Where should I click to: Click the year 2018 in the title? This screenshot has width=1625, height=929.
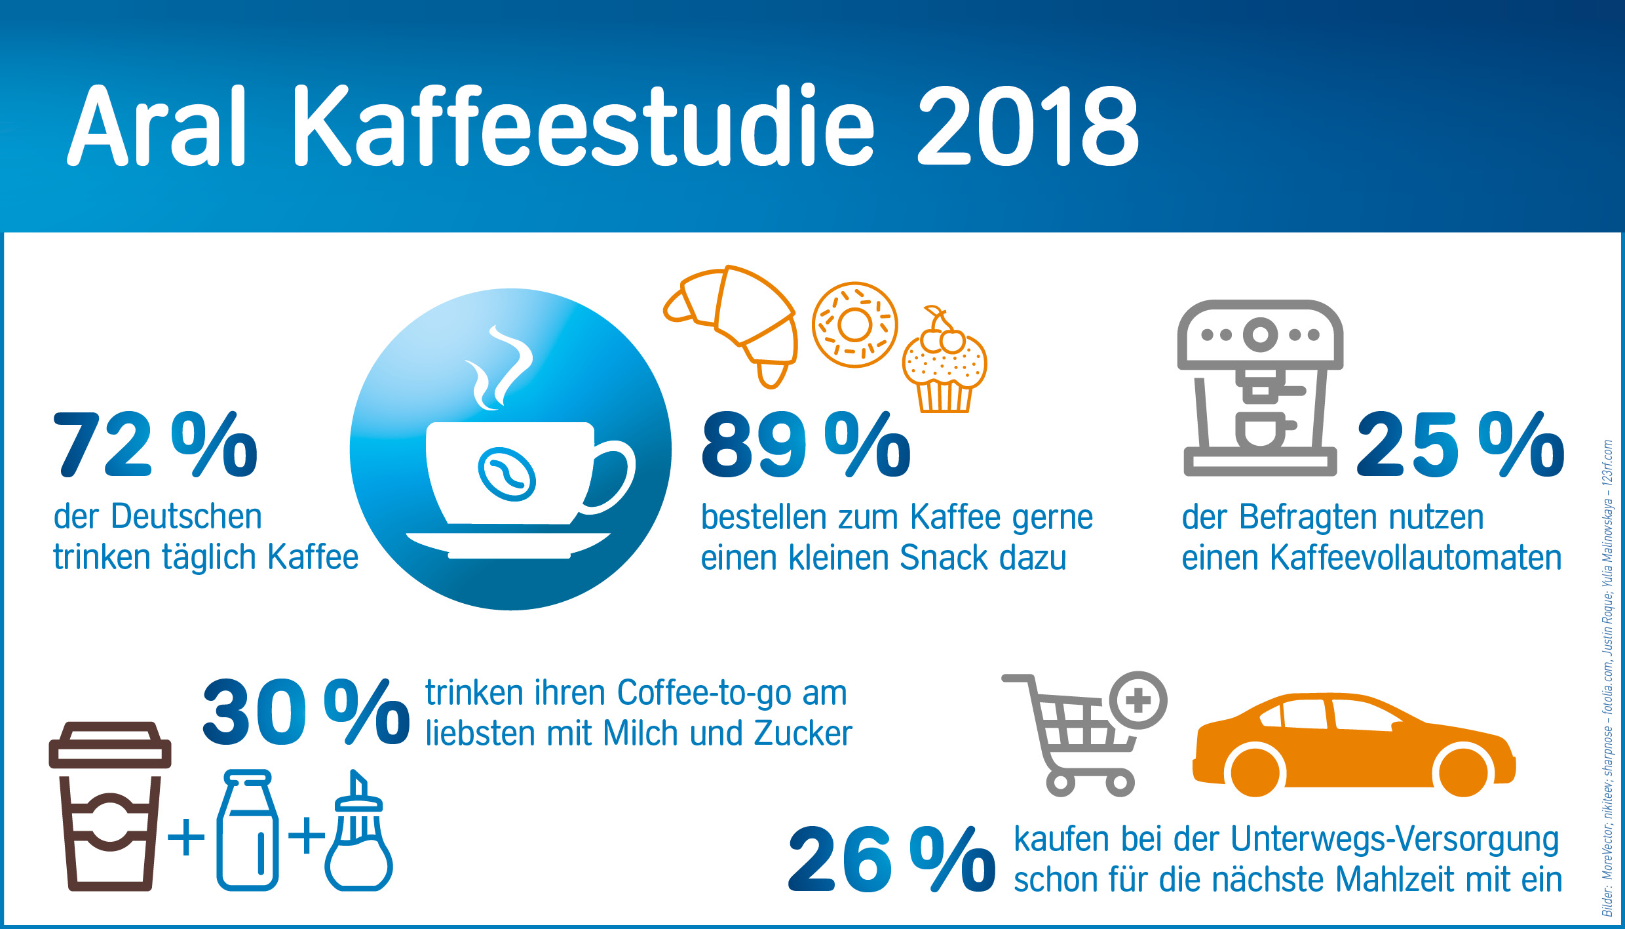(x=1027, y=127)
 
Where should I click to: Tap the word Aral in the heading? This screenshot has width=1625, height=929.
(x=157, y=127)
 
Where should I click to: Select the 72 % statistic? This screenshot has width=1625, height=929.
(x=155, y=446)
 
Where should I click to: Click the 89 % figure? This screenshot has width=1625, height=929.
(x=806, y=446)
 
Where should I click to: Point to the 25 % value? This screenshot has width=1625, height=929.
(x=1460, y=446)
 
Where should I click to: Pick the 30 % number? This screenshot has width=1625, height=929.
(x=306, y=713)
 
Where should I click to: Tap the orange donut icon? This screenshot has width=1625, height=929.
(x=854, y=325)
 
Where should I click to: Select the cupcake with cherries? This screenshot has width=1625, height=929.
(x=944, y=364)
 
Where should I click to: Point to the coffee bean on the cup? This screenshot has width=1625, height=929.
(x=507, y=473)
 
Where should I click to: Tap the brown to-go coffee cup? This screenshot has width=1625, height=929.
(x=110, y=806)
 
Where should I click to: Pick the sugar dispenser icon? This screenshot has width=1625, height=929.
(x=358, y=836)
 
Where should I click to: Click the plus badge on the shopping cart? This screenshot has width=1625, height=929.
(x=1138, y=700)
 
